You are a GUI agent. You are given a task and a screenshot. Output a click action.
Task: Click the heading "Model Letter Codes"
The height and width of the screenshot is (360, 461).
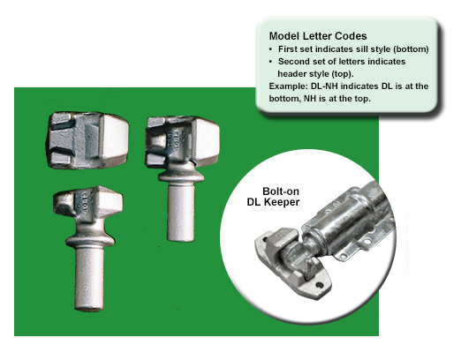[x=318, y=36]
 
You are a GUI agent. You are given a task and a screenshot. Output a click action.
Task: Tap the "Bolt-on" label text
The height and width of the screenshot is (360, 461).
[x=281, y=191]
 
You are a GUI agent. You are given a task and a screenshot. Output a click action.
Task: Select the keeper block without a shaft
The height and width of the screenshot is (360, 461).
[x=87, y=140]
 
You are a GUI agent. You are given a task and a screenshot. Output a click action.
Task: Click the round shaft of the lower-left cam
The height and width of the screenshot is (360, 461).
[x=89, y=279]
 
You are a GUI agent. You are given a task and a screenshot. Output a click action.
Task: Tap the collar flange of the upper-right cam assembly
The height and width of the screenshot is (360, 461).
[x=181, y=176]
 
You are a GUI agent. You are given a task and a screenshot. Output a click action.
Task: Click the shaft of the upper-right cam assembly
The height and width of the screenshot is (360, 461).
[x=181, y=212]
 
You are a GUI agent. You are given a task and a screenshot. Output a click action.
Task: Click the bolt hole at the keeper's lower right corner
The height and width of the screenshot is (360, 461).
[x=320, y=285]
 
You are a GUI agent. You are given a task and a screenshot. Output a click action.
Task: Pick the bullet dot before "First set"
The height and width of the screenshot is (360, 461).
[x=271, y=49]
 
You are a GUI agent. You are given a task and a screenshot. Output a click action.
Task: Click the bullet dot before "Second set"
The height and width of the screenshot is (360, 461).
[x=271, y=62]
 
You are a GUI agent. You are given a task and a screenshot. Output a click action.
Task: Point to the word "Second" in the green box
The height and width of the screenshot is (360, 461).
[x=292, y=62]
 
